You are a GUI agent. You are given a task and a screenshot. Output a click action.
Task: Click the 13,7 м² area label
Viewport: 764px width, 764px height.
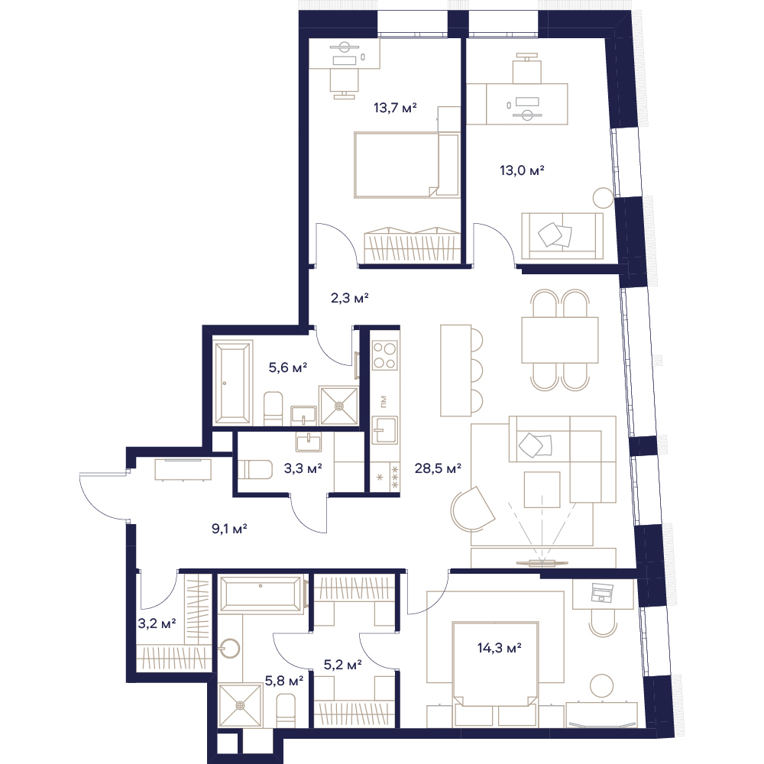[395, 108]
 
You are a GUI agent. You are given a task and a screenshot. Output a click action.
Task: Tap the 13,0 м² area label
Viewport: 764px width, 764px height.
[522, 170]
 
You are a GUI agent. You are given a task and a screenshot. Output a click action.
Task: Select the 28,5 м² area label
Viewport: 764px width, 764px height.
[438, 469]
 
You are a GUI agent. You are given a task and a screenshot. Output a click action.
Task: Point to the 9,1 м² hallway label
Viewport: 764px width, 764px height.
[229, 528]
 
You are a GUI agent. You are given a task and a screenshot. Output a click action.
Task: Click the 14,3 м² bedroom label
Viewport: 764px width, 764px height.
[500, 648]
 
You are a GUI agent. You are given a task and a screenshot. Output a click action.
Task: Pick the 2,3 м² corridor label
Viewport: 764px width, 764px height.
[349, 298]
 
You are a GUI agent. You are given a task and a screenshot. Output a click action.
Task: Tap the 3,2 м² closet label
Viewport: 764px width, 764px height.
[157, 623]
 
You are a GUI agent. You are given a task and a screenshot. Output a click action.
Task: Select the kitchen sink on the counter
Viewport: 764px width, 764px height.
[384, 429]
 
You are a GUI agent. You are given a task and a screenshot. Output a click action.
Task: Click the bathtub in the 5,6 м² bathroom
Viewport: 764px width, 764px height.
[233, 382]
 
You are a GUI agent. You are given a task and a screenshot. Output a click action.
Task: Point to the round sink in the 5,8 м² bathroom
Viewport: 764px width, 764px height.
[229, 649]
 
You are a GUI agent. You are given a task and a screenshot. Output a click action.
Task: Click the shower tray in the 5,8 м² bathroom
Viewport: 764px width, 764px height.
[240, 705]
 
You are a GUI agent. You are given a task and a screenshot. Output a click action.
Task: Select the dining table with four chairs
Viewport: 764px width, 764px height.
[560, 340]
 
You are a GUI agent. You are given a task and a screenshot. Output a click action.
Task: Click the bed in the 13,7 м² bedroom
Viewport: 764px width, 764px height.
[407, 165]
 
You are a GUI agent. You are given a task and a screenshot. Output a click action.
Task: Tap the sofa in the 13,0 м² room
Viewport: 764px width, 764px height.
[562, 236]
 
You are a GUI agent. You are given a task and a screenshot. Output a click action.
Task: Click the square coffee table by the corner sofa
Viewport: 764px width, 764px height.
[542, 490]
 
